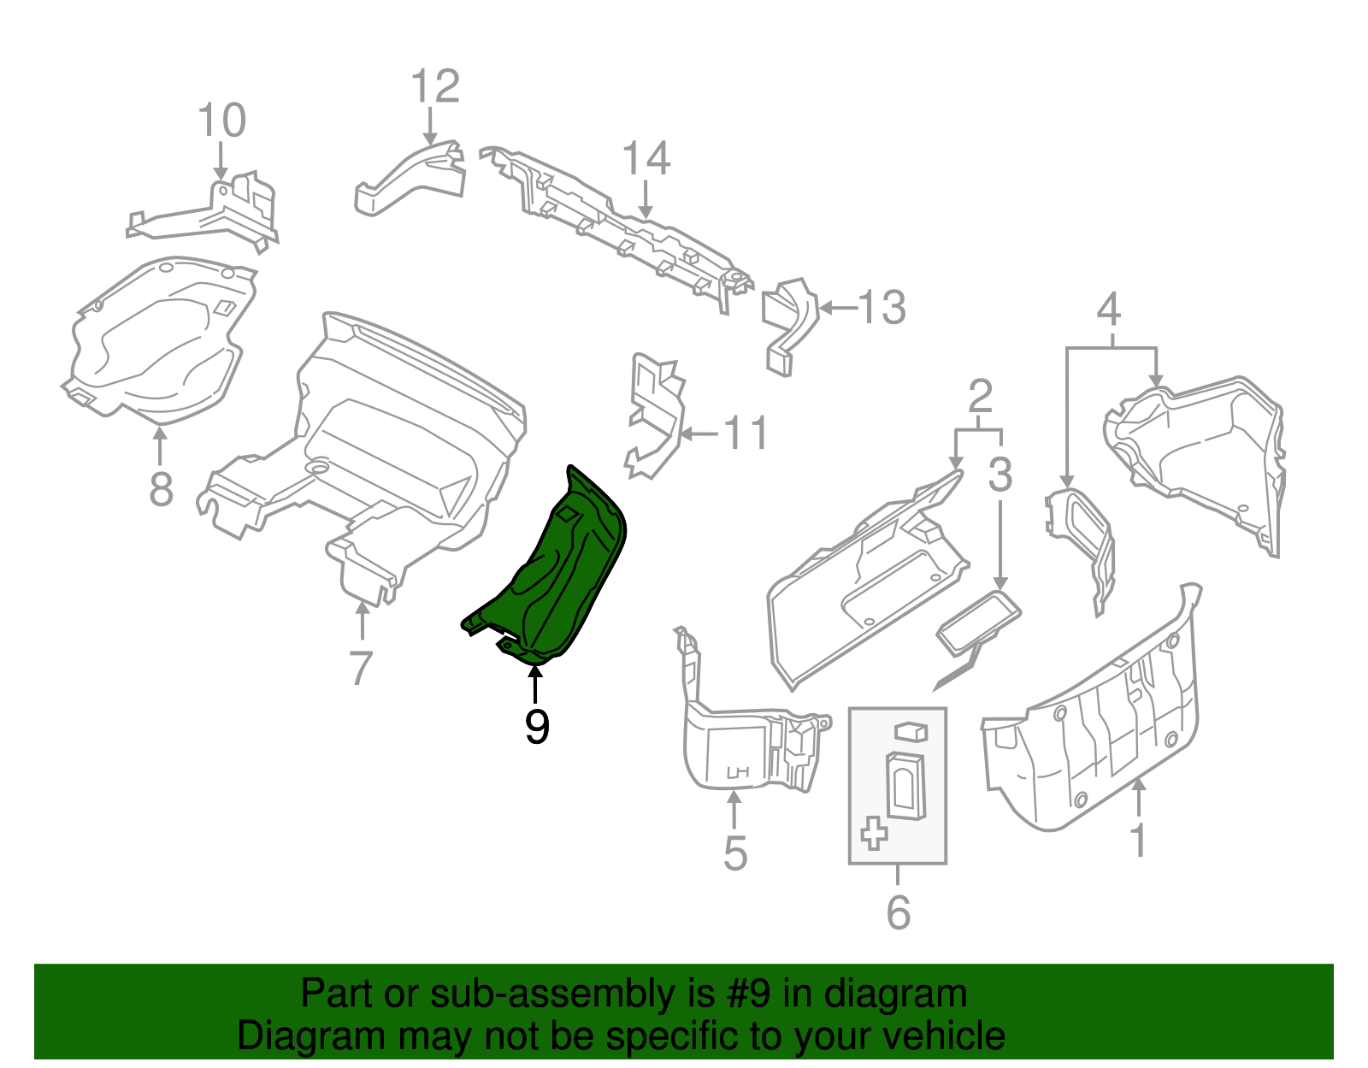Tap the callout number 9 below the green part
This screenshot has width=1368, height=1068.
coord(536,727)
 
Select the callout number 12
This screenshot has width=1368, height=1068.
coord(435,87)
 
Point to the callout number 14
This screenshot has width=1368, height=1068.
coord(646,160)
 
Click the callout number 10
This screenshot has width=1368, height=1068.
coord(221,121)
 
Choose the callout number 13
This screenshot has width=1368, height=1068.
coord(882,308)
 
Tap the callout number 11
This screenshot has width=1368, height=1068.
coord(746,434)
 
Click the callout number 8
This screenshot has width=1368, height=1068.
coord(161,490)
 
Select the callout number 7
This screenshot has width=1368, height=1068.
coord(362,668)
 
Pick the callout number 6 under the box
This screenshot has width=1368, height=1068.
coord(898,912)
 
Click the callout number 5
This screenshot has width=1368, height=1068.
coord(735,853)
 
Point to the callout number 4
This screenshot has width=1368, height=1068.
coord(1108,310)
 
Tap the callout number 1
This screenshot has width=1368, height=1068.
coord(1138,841)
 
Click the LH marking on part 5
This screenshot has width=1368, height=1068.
coord(737,772)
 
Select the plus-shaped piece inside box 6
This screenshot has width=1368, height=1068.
coord(874,832)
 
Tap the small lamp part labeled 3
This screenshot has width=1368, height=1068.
coord(979,622)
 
